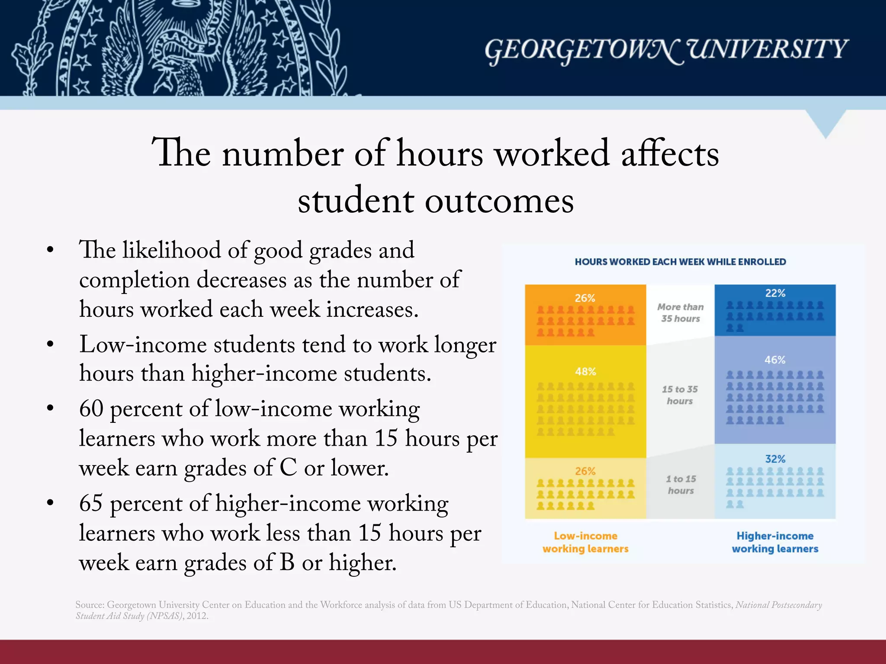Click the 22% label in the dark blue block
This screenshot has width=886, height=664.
pyautogui.click(x=775, y=293)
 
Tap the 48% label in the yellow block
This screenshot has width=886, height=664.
pyautogui.click(x=585, y=372)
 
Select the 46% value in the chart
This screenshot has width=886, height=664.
pyautogui.click(x=775, y=360)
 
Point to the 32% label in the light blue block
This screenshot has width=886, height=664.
pyautogui.click(x=775, y=459)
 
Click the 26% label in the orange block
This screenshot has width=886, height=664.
pyautogui.click(x=585, y=298)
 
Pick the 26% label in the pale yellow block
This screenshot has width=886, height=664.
pyautogui.click(x=585, y=471)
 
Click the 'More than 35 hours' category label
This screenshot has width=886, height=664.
pyautogui.click(x=681, y=313)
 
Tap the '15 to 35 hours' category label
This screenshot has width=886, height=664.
pyautogui.click(x=680, y=395)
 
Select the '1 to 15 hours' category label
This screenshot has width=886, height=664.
pyautogui.click(x=681, y=485)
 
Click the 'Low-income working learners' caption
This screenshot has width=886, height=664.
pyautogui.click(x=585, y=542)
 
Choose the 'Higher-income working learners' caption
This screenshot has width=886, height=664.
pyautogui.click(x=775, y=542)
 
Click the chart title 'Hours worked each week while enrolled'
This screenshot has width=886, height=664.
pyautogui.click(x=680, y=262)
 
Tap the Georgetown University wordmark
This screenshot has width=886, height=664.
pyautogui.click(x=666, y=50)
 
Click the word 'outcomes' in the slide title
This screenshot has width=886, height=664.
pyautogui.click(x=499, y=201)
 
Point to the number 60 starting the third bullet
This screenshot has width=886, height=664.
pyautogui.click(x=91, y=409)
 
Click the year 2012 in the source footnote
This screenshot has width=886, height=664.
pyautogui.click(x=197, y=616)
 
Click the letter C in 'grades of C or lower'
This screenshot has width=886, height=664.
pyautogui.click(x=288, y=468)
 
